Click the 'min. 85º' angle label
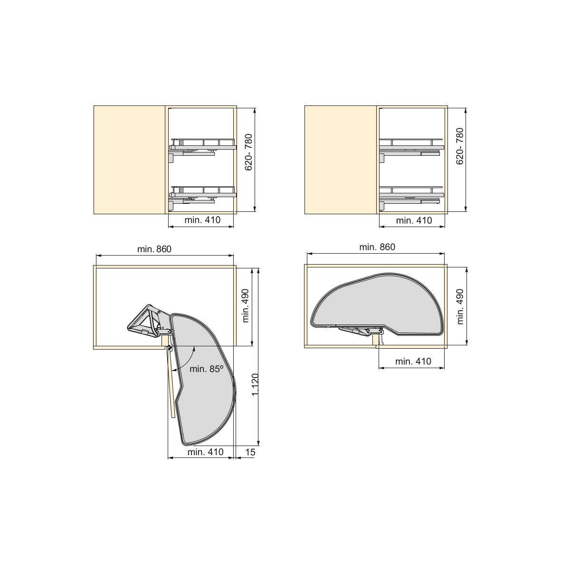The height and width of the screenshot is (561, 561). (x=206, y=369)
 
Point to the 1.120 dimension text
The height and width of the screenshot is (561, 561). (x=255, y=385)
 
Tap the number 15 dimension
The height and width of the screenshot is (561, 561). (x=250, y=452)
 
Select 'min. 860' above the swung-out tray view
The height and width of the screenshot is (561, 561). (x=154, y=249)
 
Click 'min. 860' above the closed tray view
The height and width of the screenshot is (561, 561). (x=377, y=247)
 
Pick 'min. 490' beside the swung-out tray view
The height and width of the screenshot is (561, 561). (x=246, y=305)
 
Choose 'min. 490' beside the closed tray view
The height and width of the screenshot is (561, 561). (x=460, y=306)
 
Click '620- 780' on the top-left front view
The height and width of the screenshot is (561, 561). (x=248, y=152)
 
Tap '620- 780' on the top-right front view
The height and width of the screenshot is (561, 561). (x=460, y=146)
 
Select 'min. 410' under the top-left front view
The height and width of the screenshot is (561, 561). (x=202, y=219)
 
